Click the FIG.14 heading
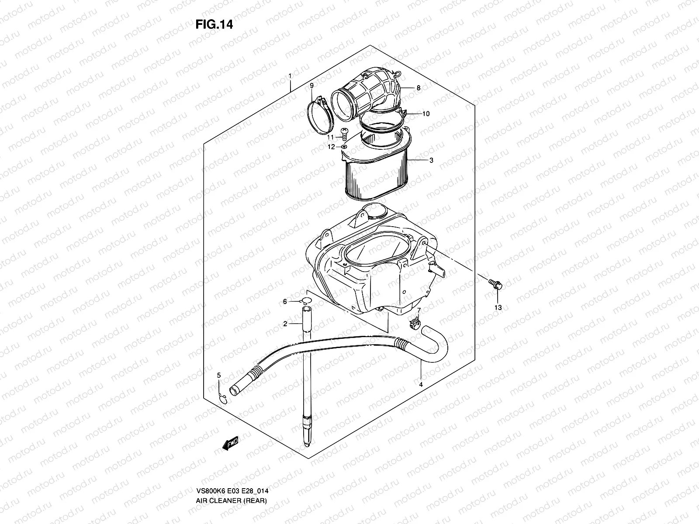(x=214, y=24)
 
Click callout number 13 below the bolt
(x=498, y=307)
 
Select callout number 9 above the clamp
(x=311, y=86)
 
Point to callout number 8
(x=418, y=88)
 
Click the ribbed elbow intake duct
(x=371, y=90)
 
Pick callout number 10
(x=426, y=114)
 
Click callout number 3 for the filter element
(x=431, y=160)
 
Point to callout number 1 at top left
(x=290, y=76)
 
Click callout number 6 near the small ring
(x=285, y=302)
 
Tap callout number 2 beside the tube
(x=285, y=324)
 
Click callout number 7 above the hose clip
(x=418, y=310)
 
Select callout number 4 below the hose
(x=421, y=385)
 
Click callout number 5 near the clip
(x=219, y=375)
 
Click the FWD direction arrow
(x=230, y=443)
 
